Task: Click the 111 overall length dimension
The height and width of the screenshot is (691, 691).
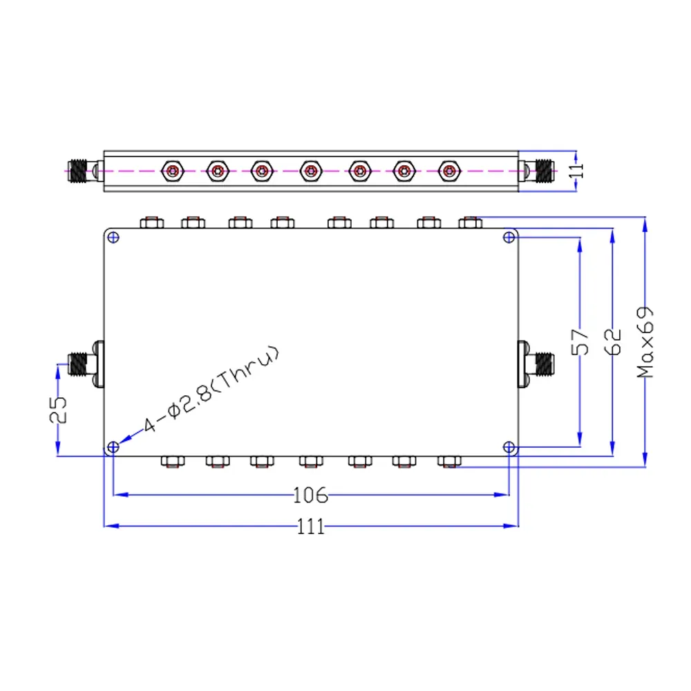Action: click(x=311, y=526)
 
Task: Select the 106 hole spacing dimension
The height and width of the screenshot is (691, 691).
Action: click(x=311, y=495)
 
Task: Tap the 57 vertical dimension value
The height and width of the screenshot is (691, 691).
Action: click(x=580, y=342)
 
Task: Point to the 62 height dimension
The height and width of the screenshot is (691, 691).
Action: click(x=613, y=342)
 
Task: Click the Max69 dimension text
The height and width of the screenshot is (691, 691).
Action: click(x=645, y=343)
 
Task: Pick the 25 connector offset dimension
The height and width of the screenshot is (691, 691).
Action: click(x=58, y=410)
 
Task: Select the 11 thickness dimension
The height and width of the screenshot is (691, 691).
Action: click(x=576, y=171)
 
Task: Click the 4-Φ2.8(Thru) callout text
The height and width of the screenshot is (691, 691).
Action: click(x=211, y=389)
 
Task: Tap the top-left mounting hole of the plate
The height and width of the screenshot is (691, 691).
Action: click(x=113, y=238)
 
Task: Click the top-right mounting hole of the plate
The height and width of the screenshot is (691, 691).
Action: click(x=509, y=238)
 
